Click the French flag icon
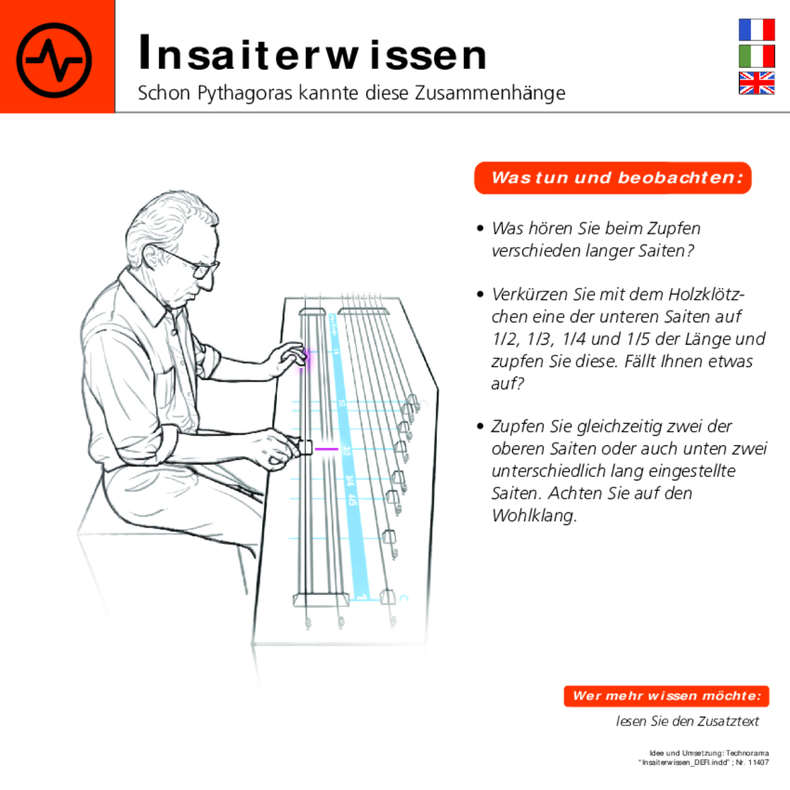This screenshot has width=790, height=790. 756,29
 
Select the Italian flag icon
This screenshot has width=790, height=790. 756,56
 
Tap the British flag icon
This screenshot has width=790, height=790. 756,83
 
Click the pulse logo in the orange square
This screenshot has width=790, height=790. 54,60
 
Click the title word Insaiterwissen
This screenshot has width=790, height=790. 312,54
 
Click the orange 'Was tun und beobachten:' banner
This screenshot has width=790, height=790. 613,178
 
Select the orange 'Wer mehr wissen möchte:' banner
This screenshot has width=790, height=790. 666,696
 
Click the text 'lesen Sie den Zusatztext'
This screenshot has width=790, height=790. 687,721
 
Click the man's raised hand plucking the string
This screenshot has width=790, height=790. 291,357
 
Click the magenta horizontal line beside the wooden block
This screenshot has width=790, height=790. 327,449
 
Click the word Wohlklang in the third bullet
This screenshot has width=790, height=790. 534,515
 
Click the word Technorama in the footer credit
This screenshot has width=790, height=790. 747,753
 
